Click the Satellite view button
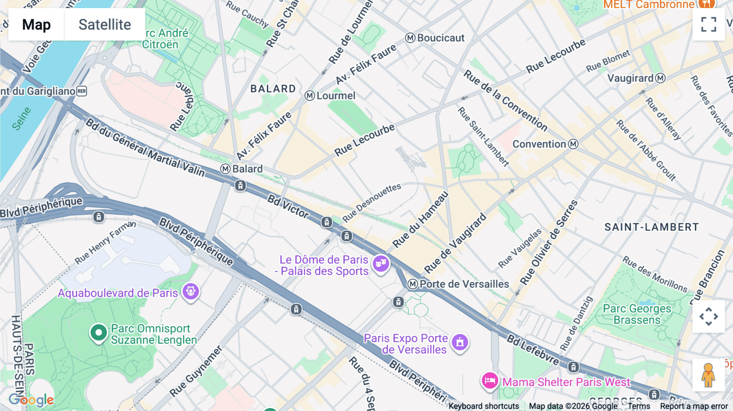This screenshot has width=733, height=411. (105, 24)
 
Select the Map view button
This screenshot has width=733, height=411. (36, 24)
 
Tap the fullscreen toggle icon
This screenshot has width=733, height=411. (709, 24)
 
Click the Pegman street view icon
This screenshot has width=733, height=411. (709, 375)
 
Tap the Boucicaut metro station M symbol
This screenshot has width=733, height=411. (410, 38)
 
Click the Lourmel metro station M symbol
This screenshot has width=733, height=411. (310, 96)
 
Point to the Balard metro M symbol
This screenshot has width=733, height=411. (225, 169)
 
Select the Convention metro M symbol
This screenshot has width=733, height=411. (573, 144)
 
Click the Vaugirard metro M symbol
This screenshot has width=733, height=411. (660, 78)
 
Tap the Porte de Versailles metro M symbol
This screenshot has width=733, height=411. (413, 284)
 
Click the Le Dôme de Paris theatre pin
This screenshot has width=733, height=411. (381, 264)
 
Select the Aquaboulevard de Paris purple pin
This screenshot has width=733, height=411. (191, 291)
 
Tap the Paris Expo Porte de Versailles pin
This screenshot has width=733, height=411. (460, 342)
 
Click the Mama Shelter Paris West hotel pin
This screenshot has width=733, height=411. (489, 381)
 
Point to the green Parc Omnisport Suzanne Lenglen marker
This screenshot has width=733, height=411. (98, 333)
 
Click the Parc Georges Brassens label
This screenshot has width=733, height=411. (636, 314)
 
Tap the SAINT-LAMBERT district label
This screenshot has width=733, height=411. (651, 227)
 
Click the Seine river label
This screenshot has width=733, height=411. (21, 118)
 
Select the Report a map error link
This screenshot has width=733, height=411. (693, 406)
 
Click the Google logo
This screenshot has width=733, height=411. (31, 400)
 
